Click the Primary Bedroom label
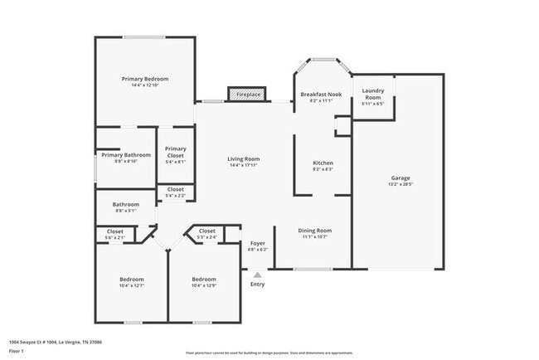pyautogui.click(x=145, y=79)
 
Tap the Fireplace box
pyautogui.click(x=248, y=95)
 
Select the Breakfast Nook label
pyautogui.click(x=321, y=95)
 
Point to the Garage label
pyautogui.click(x=401, y=178)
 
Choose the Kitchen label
pyautogui.click(x=323, y=163)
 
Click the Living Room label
pyautogui.click(x=244, y=158)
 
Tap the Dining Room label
pyautogui.click(x=315, y=231)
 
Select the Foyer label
pyautogui.click(x=258, y=244)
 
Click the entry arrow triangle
pyautogui.click(x=258, y=274)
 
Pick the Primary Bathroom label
pyautogui.click(x=126, y=155)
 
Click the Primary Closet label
pyautogui.click(x=176, y=152)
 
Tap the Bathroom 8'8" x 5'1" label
pyautogui.click(x=126, y=204)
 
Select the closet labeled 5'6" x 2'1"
pyautogui.click(x=115, y=231)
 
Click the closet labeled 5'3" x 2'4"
pyautogui.click(x=206, y=231)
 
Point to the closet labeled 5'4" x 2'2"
pyautogui.click(x=176, y=190)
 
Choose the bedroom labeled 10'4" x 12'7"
pyautogui.click(x=131, y=280)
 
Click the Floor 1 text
pyautogui.click(x=16, y=351)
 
